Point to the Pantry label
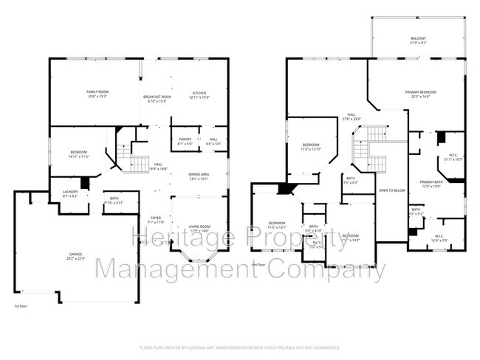coord(185,141)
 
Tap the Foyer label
coord(156,220)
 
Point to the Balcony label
coord(418,41)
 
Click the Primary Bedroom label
coord(420,94)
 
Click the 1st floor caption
coord(21,305)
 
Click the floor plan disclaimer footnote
coord(239,347)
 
